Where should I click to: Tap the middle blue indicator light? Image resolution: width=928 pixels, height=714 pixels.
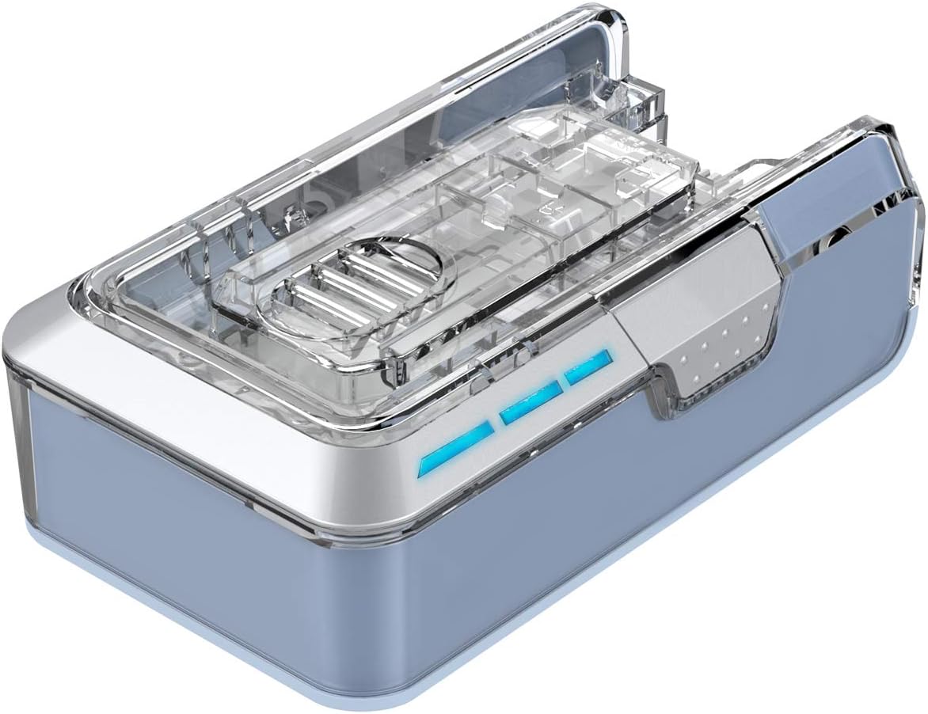531,403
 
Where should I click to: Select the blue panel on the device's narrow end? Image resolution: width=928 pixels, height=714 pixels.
158,491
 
